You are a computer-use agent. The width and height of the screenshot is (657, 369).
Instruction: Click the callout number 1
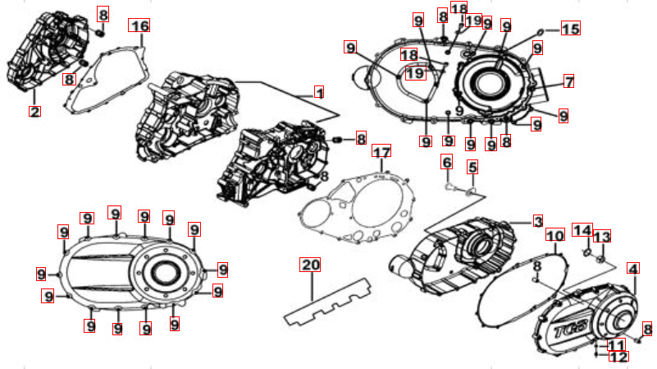[x=319, y=92]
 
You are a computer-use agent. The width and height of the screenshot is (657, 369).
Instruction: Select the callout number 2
[x=34, y=112]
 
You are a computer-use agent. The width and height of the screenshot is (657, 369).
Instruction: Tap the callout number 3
[x=538, y=221]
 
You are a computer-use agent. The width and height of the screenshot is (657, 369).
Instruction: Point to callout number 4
[x=633, y=269]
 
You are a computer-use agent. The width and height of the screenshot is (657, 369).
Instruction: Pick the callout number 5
[x=472, y=167]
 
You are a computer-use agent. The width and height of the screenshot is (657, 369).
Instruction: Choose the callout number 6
[x=447, y=162]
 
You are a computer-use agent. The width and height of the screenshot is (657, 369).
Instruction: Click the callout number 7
[x=568, y=81]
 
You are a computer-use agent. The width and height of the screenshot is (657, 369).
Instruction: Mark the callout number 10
[x=554, y=236]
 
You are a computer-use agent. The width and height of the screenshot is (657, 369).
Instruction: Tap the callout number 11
[x=616, y=345]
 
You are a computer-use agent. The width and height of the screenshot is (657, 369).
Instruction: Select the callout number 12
[x=618, y=357]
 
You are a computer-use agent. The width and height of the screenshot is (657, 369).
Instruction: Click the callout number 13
[x=602, y=237]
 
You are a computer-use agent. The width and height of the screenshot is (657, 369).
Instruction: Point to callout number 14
[x=582, y=230]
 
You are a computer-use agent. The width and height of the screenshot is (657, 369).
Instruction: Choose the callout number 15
[x=570, y=28]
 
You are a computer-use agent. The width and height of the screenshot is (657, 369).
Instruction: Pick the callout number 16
[x=139, y=25]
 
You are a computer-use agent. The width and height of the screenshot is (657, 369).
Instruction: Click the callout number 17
[x=381, y=151]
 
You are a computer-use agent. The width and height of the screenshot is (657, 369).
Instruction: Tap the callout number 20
[x=310, y=265]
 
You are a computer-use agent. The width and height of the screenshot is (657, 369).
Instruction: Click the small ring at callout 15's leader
[x=541, y=31]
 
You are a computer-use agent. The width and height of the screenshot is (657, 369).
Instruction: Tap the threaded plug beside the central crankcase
[x=338, y=140]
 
